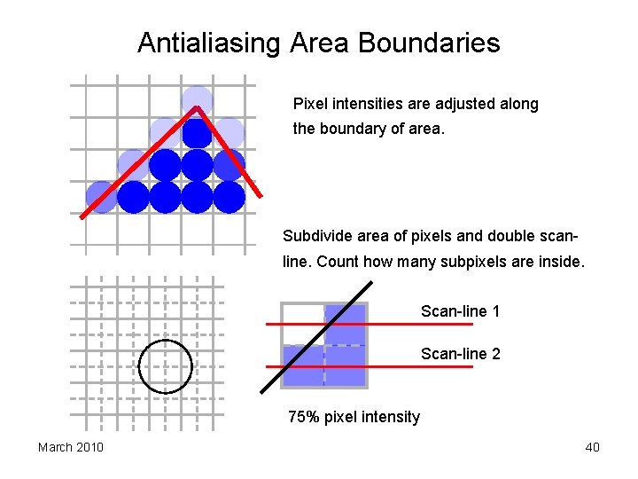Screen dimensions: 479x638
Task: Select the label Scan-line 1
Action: pos(460,311)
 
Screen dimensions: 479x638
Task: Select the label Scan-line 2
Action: pos(460,354)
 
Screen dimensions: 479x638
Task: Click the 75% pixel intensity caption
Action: pos(354,417)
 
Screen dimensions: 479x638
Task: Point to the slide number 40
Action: pos(592,447)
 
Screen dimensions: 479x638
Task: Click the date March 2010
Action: pos(70,447)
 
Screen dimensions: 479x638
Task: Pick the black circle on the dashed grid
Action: pos(166,365)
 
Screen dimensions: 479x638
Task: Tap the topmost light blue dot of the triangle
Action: pos(197,100)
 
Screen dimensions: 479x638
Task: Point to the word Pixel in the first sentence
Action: pos(309,104)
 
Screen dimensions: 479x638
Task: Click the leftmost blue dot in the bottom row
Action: pos(101,197)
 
